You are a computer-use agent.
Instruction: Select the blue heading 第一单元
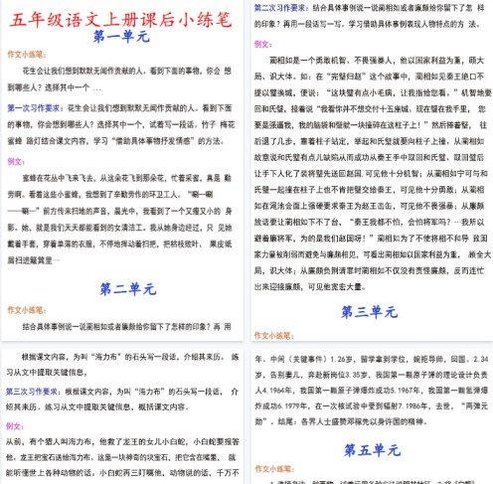[x=122, y=38]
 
